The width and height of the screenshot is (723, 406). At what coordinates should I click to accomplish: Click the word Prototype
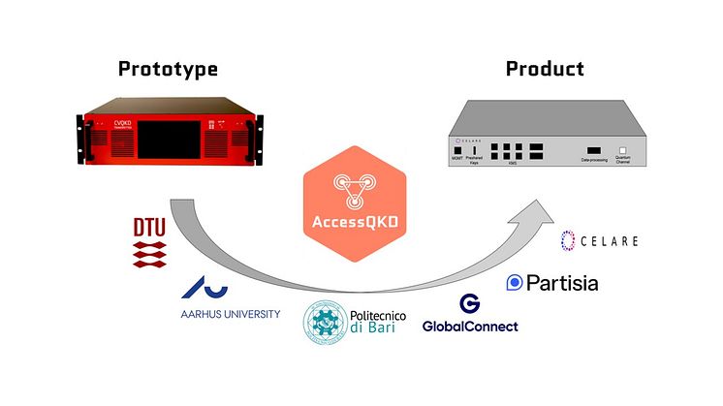(x=168, y=69)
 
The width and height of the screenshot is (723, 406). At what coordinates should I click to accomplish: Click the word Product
(x=545, y=69)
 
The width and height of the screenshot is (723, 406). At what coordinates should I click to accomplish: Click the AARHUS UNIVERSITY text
(x=231, y=314)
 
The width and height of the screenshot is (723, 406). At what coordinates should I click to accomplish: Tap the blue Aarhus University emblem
(x=207, y=286)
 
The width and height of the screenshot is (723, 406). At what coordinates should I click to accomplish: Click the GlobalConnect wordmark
(x=470, y=327)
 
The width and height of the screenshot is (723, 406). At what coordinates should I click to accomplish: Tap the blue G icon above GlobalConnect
(x=470, y=303)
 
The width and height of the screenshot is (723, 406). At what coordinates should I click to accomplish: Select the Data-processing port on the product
(x=591, y=152)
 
